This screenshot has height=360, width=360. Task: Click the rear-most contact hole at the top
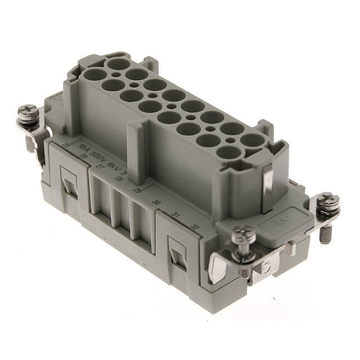click(118, 64)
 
